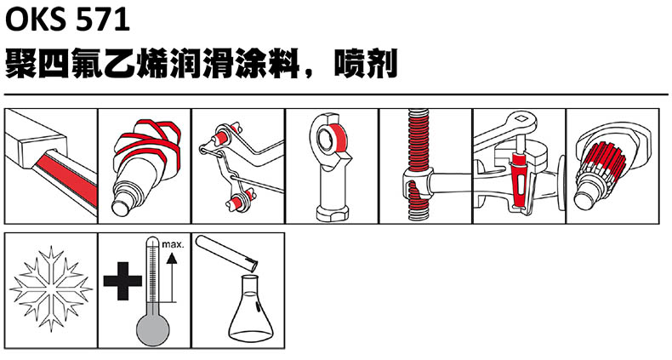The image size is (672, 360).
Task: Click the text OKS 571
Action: coord(67,20)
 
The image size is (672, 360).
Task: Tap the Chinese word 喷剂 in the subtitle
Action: coord(366,64)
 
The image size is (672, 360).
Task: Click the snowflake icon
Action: coord(51,289)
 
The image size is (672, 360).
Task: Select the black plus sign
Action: coord(122,281)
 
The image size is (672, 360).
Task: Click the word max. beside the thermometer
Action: coord(173,245)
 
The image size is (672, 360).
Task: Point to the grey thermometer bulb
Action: coord(153,329)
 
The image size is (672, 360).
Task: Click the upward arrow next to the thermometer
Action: coord(172,277)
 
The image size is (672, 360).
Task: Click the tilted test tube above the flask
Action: coord(227,254)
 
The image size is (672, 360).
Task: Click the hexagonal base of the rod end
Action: coord(332,213)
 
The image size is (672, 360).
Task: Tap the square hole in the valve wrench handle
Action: coord(521,118)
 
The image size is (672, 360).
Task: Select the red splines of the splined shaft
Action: coord(603,161)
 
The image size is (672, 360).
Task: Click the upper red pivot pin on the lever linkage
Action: coord(222,137)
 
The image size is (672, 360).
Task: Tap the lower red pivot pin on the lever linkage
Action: coord(236,201)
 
